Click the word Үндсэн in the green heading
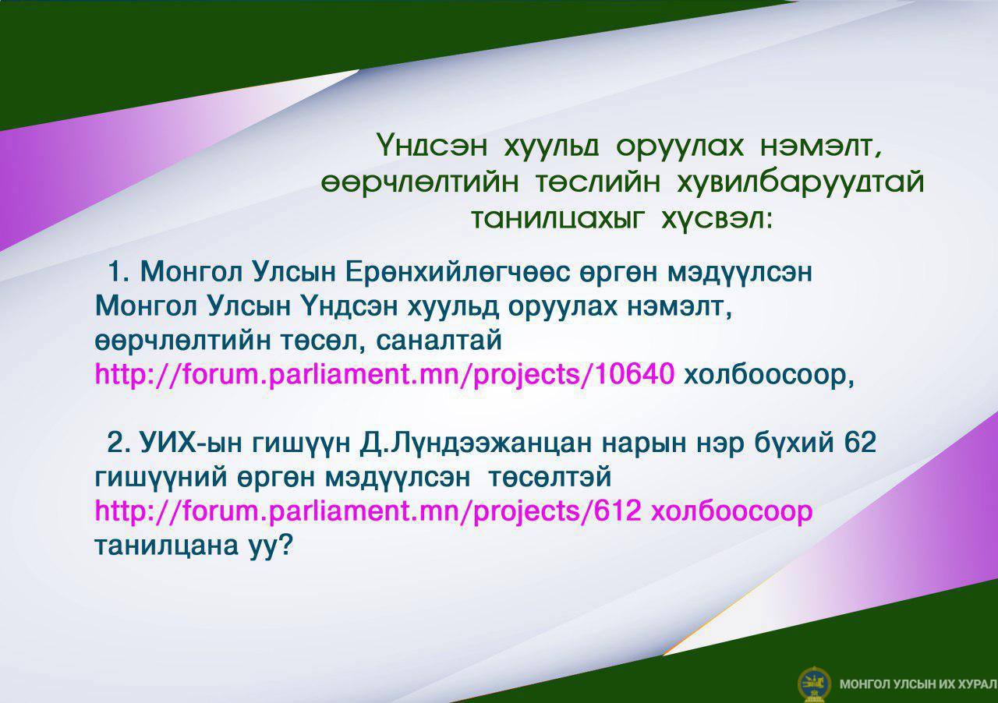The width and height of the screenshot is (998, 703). click(x=432, y=145)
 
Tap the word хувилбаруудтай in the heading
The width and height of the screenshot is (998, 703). click(x=800, y=183)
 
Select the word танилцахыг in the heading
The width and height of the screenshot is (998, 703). click(x=557, y=219)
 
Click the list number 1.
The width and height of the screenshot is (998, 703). click(x=118, y=271)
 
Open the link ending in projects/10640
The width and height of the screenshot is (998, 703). click(x=384, y=375)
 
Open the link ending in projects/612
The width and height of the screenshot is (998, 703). click(x=368, y=511)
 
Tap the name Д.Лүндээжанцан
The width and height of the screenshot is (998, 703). click(x=476, y=443)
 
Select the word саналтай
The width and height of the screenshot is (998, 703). click(x=439, y=341)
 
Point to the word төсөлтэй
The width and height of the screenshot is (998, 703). click(x=550, y=477)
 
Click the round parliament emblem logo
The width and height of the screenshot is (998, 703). click(x=814, y=684)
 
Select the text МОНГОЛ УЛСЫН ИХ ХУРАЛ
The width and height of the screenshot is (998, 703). click(x=918, y=684)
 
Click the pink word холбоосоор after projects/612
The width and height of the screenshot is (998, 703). click(x=731, y=511)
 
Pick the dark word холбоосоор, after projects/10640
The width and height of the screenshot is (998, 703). click(x=769, y=375)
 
